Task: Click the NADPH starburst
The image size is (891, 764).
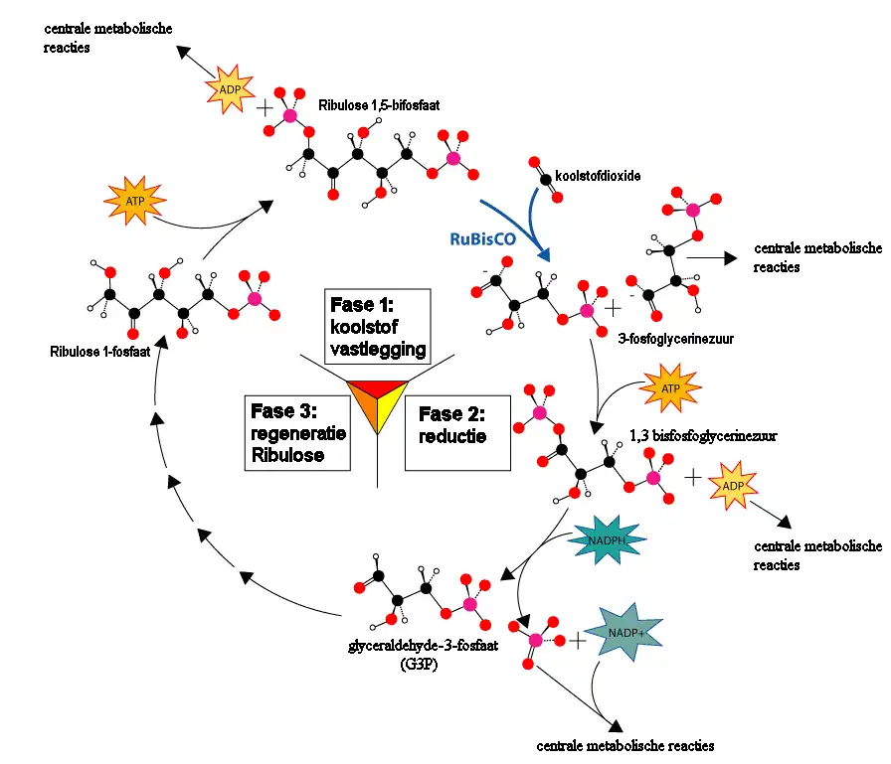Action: point(608,540)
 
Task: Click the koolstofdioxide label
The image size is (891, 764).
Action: point(598,176)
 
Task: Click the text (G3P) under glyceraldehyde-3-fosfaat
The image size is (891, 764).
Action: point(415,663)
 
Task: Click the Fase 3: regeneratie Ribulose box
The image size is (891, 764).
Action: point(297,432)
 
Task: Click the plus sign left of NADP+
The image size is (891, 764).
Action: point(576,641)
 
